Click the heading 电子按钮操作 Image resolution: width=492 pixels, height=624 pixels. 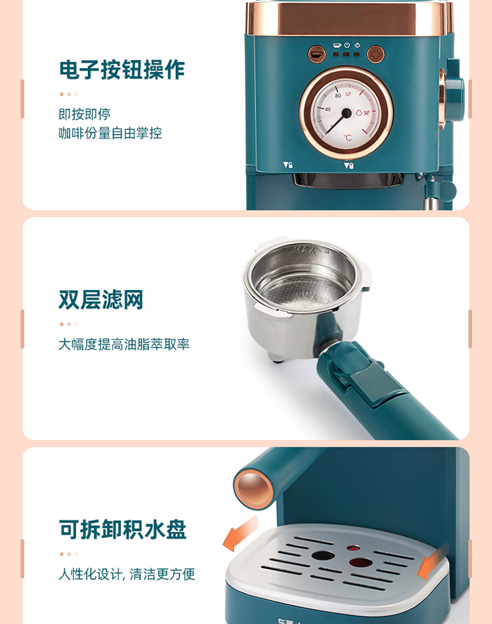click(x=122, y=70)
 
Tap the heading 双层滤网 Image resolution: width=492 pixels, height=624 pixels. click(x=101, y=300)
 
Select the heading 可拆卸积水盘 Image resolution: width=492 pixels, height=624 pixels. click(x=123, y=530)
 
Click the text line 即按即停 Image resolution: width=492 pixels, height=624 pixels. click(x=85, y=114)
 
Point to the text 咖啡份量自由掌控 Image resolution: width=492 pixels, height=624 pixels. click(x=110, y=133)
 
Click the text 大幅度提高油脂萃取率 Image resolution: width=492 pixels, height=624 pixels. click(x=124, y=344)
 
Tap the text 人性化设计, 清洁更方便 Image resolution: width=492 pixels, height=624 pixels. click(x=127, y=574)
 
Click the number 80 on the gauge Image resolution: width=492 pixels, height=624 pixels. click(x=338, y=96)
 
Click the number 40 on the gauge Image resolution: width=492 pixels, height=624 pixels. click(x=328, y=109)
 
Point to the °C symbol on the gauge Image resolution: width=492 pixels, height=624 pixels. click(x=348, y=137)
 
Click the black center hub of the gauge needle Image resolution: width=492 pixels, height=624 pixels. click(x=346, y=114)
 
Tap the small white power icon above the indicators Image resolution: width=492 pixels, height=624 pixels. click(x=347, y=45)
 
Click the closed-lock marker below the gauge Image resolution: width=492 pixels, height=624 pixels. click(x=349, y=165)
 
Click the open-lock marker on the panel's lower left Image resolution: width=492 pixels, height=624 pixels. click(x=288, y=164)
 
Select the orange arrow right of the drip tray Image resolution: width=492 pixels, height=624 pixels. click(x=433, y=561)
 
